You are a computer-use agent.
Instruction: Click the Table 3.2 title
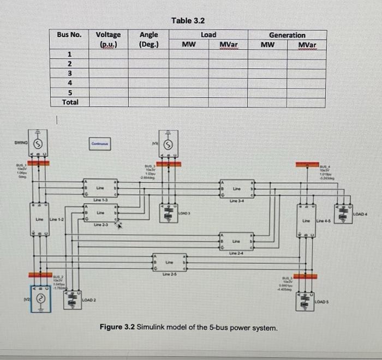188,21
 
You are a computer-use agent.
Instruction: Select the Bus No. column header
69,35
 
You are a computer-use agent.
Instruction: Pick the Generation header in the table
287,35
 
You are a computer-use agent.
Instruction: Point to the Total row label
70,102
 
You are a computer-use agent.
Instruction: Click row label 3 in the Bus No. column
69,74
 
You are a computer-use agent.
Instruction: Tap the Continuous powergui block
100,144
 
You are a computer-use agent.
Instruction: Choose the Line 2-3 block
100,213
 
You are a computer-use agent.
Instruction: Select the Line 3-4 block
236,188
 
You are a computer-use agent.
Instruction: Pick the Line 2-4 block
236,241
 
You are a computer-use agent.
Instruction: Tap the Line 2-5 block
170,263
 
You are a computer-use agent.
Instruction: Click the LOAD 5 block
306,301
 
